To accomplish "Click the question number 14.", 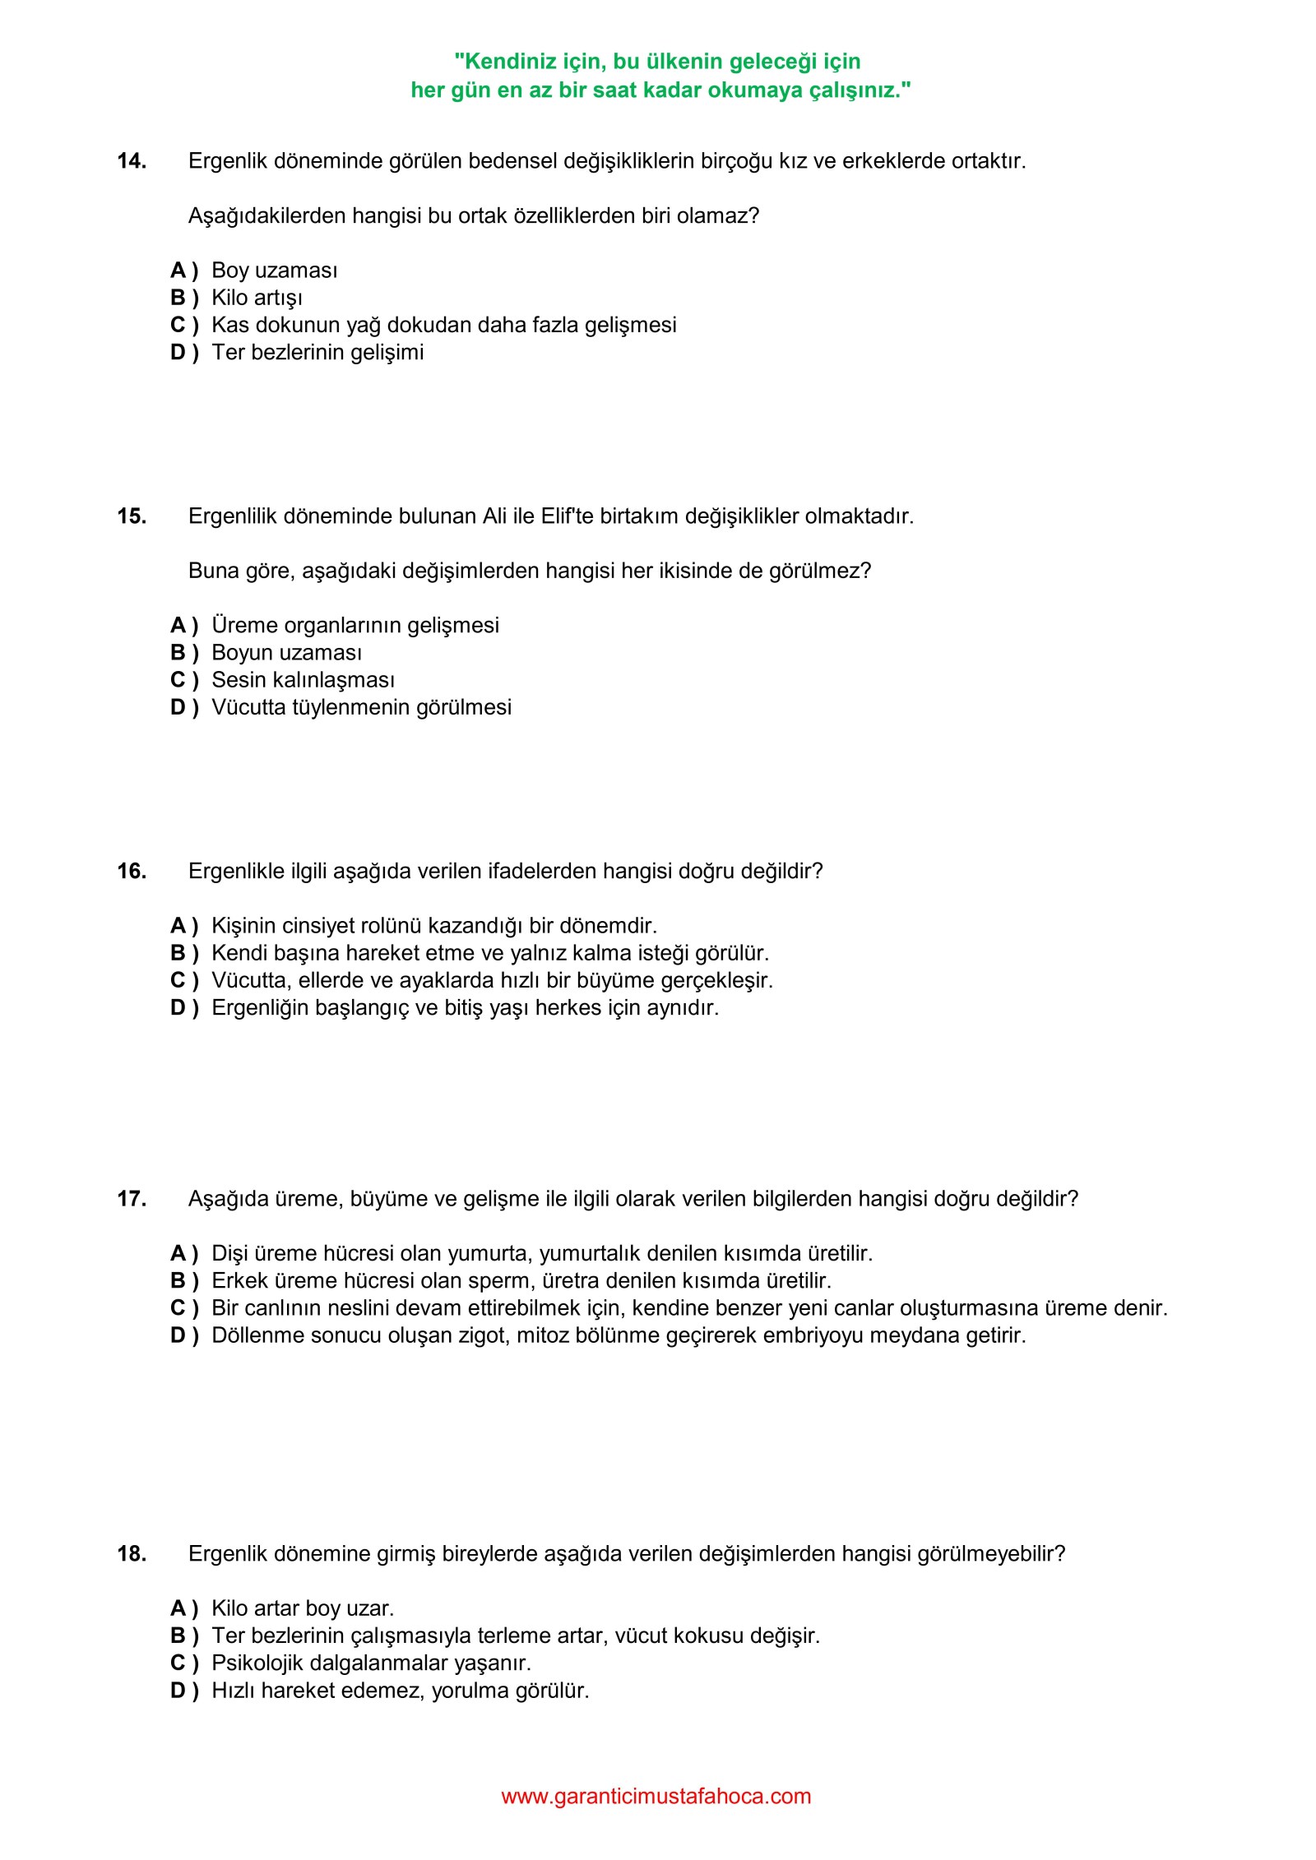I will click(132, 161).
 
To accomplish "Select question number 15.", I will click(132, 516).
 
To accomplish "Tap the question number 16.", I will click(132, 871).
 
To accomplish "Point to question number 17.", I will click(132, 1199).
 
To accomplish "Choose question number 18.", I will click(132, 1553).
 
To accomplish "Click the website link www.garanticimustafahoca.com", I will click(656, 1797).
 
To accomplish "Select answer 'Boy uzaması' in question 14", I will click(274, 271).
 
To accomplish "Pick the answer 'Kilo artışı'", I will click(257, 298).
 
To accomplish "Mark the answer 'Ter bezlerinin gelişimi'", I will click(317, 352).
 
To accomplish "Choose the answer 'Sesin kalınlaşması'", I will click(303, 680).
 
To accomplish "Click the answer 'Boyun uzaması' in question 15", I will click(286, 653).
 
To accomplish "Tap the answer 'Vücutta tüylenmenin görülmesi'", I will click(361, 707).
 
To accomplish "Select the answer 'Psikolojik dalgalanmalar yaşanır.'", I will click(371, 1663).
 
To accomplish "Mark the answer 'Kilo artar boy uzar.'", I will click(303, 1608).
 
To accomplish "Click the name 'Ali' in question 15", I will click(494, 516).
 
